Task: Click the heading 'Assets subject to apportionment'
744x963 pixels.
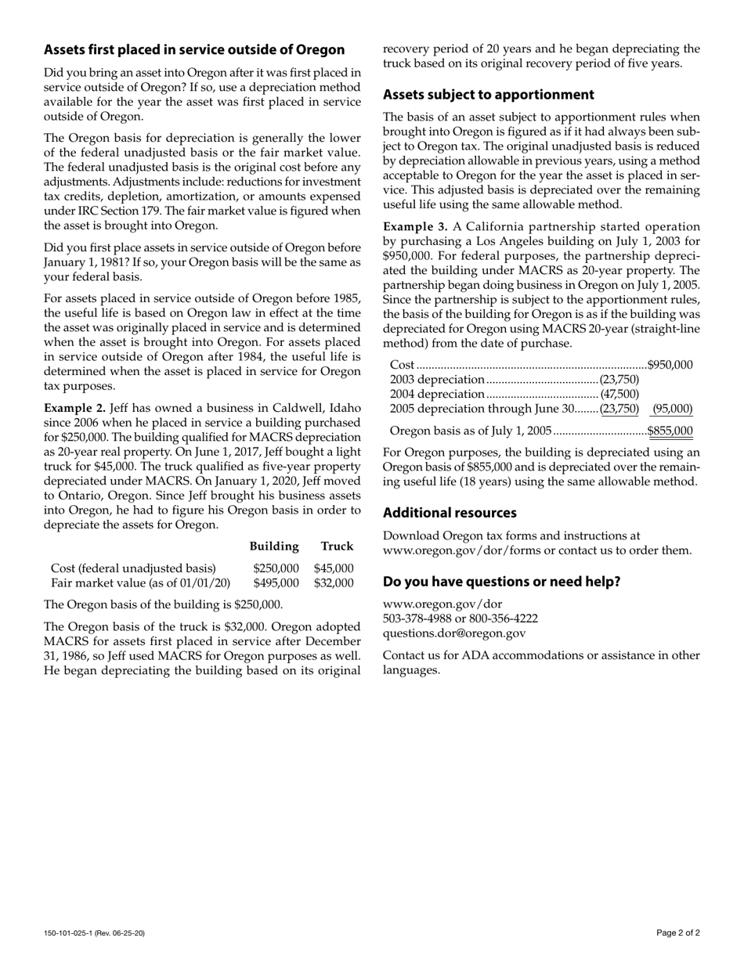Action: click(x=488, y=95)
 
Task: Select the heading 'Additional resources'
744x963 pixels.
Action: click(x=450, y=513)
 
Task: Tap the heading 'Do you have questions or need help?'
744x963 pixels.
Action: click(x=501, y=582)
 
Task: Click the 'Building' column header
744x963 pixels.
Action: click(x=274, y=546)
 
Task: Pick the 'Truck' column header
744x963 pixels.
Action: click(x=337, y=546)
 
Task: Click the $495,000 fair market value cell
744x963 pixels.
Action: click(x=276, y=583)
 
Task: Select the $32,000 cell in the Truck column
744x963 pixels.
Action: click(x=334, y=583)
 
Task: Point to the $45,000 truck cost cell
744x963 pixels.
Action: click(x=334, y=568)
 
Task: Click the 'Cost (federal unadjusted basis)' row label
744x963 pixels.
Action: click(x=133, y=568)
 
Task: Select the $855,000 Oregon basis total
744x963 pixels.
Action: click(x=670, y=431)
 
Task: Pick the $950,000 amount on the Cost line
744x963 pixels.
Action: click(x=670, y=365)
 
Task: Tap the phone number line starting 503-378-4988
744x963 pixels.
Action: click(x=460, y=619)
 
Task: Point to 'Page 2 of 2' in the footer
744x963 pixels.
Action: click(x=678, y=932)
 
